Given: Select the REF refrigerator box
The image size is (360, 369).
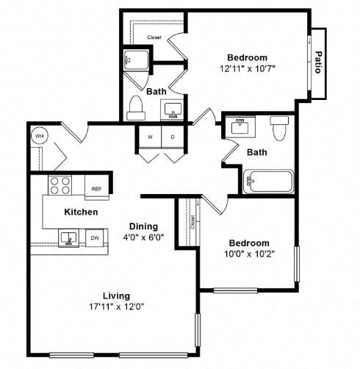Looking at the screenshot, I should pyautogui.click(x=96, y=188).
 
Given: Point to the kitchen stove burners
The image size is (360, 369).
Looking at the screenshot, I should pyautogui.click(x=60, y=184).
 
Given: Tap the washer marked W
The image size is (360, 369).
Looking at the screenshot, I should pyautogui.click(x=150, y=137).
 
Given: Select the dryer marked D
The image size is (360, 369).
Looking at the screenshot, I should pyautogui.click(x=173, y=137).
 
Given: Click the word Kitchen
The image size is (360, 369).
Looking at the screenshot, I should pyautogui.click(x=81, y=212).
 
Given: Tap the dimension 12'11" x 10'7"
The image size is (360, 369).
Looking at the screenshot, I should pyautogui.click(x=246, y=68).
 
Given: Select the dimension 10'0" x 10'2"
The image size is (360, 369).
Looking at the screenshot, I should pyautogui.click(x=248, y=254).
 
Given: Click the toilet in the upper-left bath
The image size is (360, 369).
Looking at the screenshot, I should pyautogui.click(x=135, y=108).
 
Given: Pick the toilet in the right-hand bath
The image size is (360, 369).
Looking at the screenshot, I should pyautogui.click(x=279, y=129).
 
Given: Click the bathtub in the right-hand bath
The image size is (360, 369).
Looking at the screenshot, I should pyautogui.click(x=268, y=180).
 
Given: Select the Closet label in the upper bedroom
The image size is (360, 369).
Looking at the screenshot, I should pyautogui.click(x=154, y=37).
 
